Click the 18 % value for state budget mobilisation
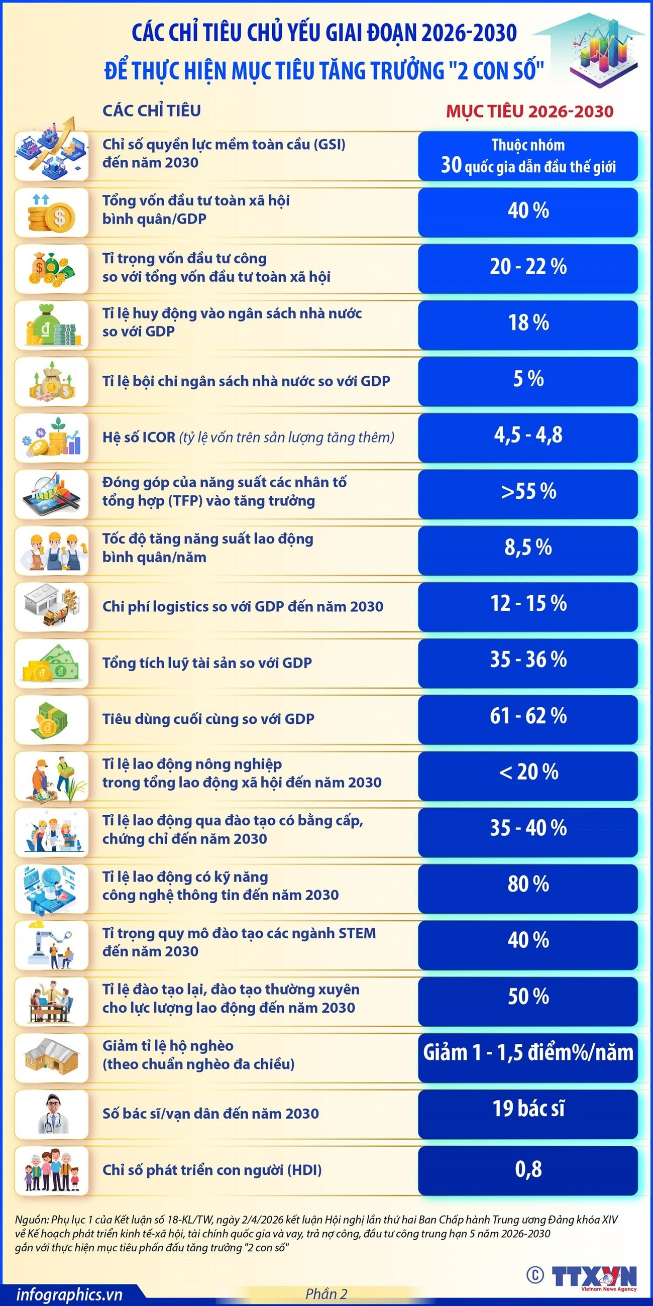528,323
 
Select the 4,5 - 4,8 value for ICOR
528,435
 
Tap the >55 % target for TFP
528,491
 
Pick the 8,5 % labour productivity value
528,548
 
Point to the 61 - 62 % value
528,716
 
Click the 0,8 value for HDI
528,1169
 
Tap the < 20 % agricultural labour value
528,772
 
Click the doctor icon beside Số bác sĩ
52,1113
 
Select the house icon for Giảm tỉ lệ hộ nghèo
52,1056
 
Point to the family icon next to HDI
52,1170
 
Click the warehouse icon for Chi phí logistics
52,606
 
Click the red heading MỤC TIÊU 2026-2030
529,112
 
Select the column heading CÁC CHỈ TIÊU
152,111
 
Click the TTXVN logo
593,1275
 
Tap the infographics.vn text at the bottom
69,1294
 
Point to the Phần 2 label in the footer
326,1294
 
